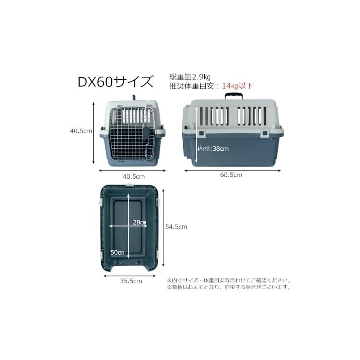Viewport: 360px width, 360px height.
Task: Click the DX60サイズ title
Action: [115, 82]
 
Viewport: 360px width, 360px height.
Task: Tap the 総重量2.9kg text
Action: [190, 76]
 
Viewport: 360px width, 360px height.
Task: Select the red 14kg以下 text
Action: [238, 86]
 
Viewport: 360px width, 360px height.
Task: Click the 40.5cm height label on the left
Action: [81, 131]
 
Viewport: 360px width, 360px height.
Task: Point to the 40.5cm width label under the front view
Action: [134, 176]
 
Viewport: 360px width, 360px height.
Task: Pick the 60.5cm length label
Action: [231, 175]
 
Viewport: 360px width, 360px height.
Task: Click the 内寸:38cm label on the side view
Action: [213, 148]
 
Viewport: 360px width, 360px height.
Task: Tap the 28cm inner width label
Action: [139, 222]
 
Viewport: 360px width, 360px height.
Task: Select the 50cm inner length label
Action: [117, 252]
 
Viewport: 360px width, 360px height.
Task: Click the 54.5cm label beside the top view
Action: [176, 227]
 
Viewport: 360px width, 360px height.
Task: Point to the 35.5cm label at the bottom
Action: [131, 281]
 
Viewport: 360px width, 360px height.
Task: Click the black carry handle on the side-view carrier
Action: [234, 95]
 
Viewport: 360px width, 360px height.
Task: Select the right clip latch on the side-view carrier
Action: [265, 133]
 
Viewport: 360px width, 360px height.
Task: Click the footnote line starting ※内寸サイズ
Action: [229, 280]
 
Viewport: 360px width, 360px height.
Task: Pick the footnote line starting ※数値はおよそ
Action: [229, 287]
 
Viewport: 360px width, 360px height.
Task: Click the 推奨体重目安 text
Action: [192, 86]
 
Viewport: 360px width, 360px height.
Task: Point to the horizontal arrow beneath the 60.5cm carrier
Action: [233, 171]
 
